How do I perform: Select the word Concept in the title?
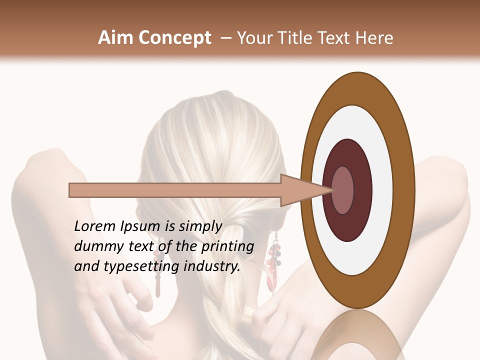tap(174, 38)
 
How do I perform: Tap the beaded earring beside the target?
tap(273, 260)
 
